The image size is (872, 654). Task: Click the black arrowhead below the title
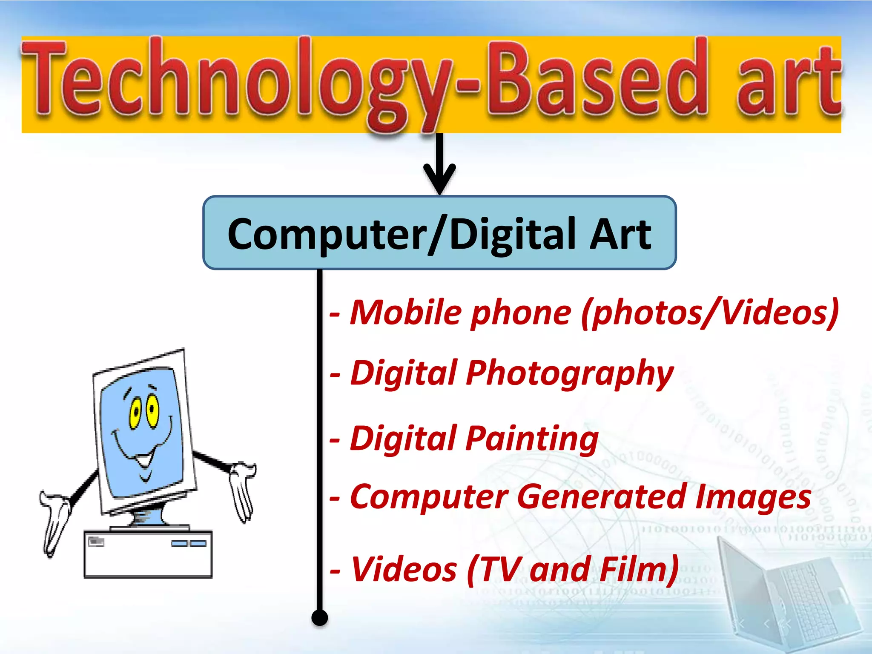440,179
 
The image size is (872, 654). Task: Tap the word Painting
532,439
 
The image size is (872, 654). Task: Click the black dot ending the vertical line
319,617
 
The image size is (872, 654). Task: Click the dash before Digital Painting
335,441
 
